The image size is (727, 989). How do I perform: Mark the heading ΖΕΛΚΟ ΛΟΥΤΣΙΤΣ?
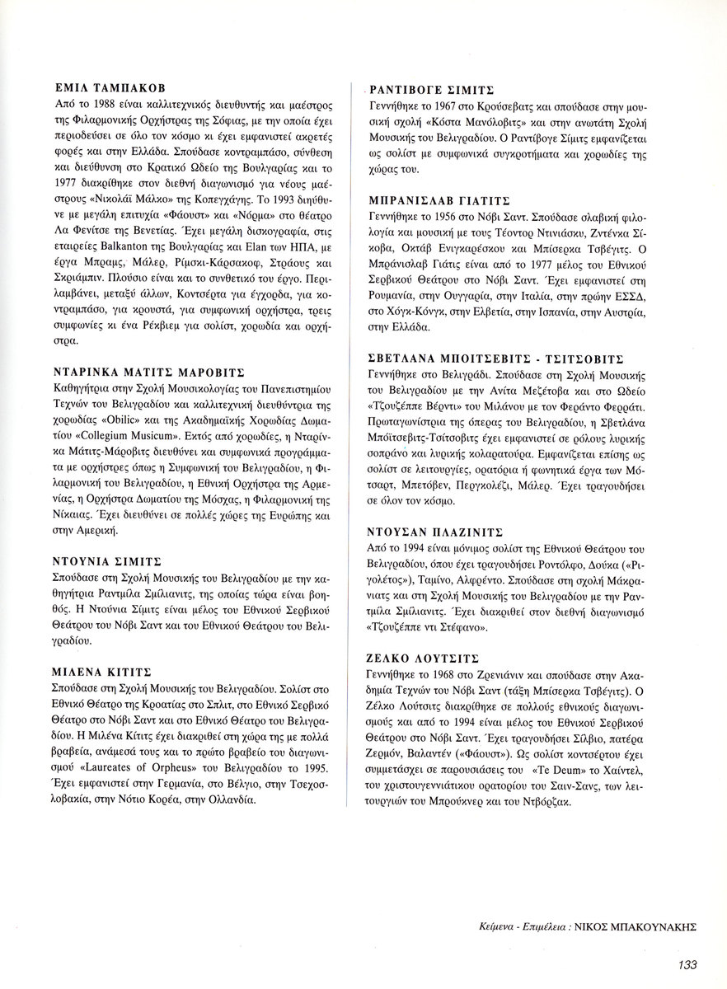tap(422, 659)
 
